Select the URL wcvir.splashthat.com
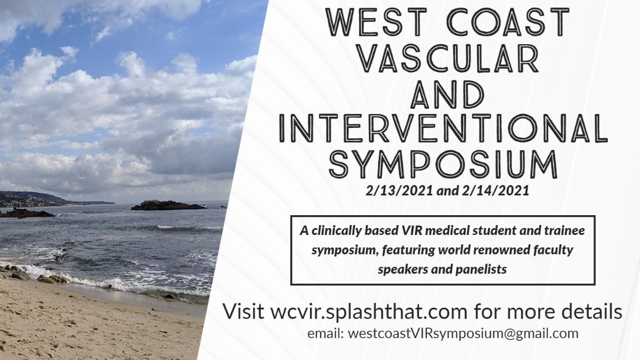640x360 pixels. click(369, 311)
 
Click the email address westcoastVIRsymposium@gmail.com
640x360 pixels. click(463, 334)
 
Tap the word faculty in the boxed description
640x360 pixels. click(554, 251)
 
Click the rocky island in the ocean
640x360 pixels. click(168, 205)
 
